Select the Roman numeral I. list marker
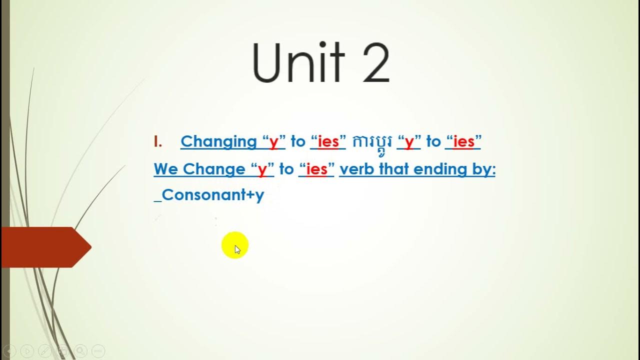coord(158,141)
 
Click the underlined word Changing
coord(218,142)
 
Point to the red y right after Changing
coord(273,143)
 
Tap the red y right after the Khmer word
coord(409,143)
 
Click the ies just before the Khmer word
coord(328,142)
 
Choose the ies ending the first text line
coord(463,142)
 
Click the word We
coord(166,169)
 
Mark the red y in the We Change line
coord(262,170)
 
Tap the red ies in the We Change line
coord(316,169)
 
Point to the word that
coord(394,169)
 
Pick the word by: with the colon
coord(483,170)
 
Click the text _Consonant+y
coord(209,195)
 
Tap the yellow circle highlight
coord(234,245)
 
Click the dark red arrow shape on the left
coord(45,247)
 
